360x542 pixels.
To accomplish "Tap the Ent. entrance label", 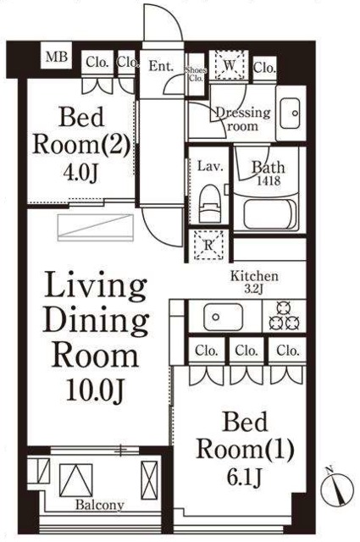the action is click(x=161, y=66).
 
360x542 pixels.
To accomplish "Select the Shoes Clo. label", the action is click(x=196, y=74).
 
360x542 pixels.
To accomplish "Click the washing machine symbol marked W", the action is click(x=230, y=65).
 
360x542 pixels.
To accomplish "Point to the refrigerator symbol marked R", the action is click(x=208, y=245).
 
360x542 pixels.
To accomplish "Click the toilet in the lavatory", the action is click(x=210, y=204).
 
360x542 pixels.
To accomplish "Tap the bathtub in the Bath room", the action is click(x=269, y=213).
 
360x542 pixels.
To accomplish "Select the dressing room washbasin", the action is click(x=291, y=113).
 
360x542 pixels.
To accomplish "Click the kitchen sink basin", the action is click(x=223, y=317).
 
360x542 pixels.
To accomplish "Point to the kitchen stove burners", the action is click(x=285, y=316).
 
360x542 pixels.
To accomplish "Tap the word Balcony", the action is click(x=100, y=505).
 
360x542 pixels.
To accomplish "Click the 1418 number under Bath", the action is click(x=269, y=180).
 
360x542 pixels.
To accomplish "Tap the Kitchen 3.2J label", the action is click(x=254, y=282).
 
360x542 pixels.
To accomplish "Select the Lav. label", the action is click(x=210, y=167).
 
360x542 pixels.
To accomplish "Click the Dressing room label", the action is click(x=243, y=119).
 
